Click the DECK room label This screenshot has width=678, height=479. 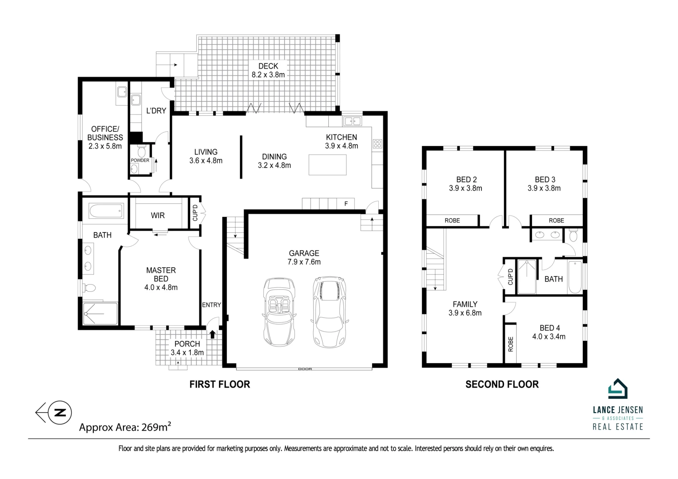coord(268,66)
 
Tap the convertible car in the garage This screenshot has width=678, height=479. coord(279,312)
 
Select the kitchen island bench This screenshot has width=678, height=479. coord(327,165)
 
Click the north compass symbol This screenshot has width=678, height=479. coord(54,413)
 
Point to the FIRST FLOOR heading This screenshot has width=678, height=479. coord(220,384)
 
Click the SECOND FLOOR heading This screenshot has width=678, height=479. coord(502,384)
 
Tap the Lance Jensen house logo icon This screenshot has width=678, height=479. coord(618,389)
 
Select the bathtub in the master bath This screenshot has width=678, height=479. coord(106,211)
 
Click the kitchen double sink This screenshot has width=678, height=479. coord(353,121)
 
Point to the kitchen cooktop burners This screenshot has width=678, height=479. coord(377,144)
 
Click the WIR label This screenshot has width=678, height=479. coord(158,215)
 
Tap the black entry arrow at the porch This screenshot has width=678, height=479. coord(213,334)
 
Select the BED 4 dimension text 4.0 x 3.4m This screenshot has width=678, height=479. coord(549,336)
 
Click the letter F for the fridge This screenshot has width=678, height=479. coord(346,204)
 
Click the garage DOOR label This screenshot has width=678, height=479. coord(305,369)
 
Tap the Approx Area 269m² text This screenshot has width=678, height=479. coord(125,427)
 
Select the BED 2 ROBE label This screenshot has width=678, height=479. coord(452,221)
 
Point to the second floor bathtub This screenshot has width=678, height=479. coord(575,277)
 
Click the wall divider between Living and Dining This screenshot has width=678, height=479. coord(241,157)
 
